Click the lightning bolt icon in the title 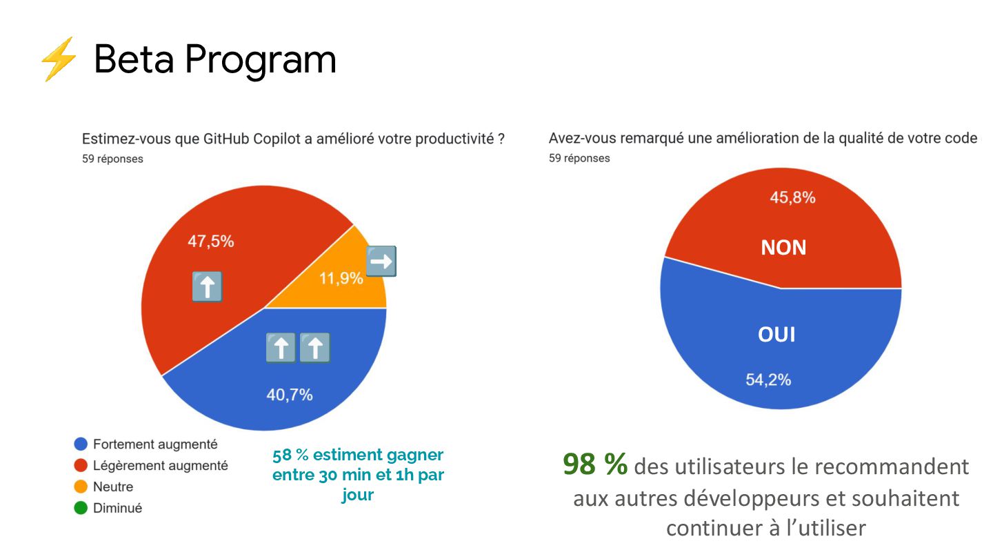[x=58, y=59]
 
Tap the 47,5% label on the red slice [x=211, y=242]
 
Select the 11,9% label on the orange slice [x=341, y=279]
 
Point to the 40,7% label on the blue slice [x=290, y=395]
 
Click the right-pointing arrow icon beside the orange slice [x=381, y=261]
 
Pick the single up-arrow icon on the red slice [x=207, y=286]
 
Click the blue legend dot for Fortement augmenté [x=81, y=444]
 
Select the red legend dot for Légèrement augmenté [x=81, y=466]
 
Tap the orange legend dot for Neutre [x=81, y=487]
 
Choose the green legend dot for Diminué [x=81, y=509]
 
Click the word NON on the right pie [x=783, y=248]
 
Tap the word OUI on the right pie [x=776, y=335]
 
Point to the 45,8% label [x=792, y=198]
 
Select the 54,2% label [x=768, y=380]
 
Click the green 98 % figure [x=595, y=465]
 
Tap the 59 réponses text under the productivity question [x=112, y=159]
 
